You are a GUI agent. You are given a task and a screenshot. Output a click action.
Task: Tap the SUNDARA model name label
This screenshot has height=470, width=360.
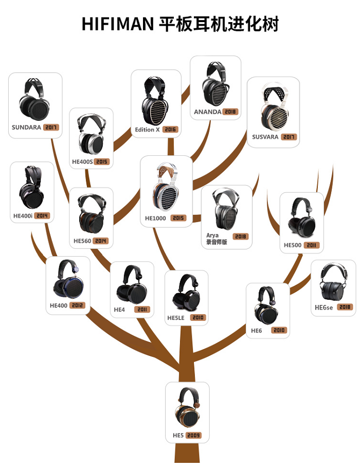point(26,127)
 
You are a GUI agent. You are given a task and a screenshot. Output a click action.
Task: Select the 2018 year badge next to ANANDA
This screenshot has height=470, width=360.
point(230,112)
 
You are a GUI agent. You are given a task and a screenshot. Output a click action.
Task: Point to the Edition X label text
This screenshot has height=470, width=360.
point(148,130)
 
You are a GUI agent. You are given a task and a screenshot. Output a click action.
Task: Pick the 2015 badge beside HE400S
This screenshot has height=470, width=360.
point(102,161)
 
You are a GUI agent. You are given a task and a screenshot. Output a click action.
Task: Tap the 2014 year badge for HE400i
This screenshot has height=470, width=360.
point(42,215)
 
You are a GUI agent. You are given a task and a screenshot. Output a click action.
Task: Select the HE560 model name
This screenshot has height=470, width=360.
point(83,241)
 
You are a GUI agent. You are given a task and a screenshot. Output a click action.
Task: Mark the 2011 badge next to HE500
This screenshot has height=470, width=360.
point(311,245)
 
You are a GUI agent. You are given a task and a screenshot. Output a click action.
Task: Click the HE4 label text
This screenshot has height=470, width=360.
point(119,310)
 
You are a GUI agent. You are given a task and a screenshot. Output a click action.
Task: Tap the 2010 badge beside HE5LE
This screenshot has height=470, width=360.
point(198,318)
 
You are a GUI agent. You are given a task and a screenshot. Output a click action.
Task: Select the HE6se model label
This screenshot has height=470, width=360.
point(324,308)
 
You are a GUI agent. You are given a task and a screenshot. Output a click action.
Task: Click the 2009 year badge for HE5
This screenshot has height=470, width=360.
point(193,436)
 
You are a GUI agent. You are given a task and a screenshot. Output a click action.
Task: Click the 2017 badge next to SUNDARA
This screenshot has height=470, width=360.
point(51,127)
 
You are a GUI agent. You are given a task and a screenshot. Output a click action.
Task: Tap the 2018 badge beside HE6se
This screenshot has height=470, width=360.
point(345,308)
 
